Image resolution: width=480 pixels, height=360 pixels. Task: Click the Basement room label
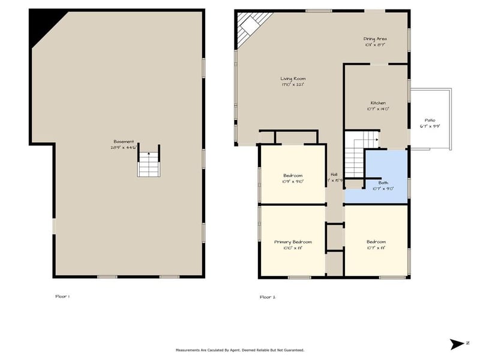point(124,142)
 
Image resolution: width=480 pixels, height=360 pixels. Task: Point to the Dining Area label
point(375,39)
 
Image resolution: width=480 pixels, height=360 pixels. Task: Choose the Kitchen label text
point(377,103)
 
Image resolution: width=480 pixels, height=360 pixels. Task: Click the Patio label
point(430,120)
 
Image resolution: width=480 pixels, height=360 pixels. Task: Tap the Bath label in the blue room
point(383,182)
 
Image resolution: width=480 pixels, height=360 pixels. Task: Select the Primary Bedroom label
point(293,242)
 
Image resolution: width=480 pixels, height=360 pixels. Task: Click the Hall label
point(334,175)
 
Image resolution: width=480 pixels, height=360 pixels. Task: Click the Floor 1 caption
point(62,296)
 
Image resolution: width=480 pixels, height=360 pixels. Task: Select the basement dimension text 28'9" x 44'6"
point(124,147)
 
